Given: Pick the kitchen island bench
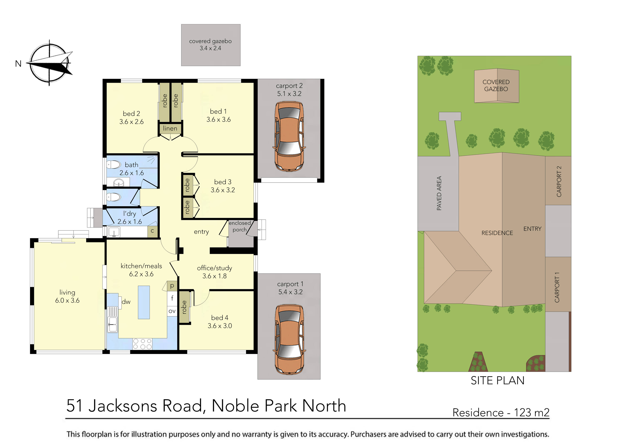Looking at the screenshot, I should pyautogui.click(x=144, y=302).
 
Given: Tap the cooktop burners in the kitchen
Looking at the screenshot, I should pyautogui.click(x=142, y=344).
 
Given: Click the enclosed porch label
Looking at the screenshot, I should pyautogui.click(x=240, y=226).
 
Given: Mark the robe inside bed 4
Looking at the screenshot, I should pyautogui.click(x=184, y=307).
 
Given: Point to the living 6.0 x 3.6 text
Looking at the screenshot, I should pyautogui.click(x=67, y=296).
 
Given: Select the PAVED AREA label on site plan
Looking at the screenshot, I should pyautogui.click(x=439, y=193).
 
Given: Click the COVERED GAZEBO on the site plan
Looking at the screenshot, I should pyautogui.click(x=496, y=85).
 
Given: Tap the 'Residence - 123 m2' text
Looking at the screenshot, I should pyautogui.click(x=501, y=413).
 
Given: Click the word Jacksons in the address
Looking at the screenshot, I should pyautogui.click(x=122, y=406).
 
